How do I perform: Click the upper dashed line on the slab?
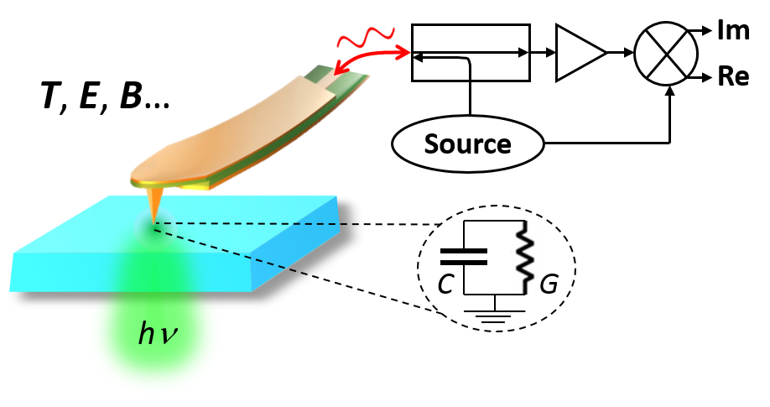[x=252, y=224]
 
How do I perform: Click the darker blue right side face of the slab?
[x=302, y=252]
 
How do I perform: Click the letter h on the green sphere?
[x=147, y=334]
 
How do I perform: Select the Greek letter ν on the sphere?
[x=169, y=337]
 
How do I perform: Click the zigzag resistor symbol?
[x=525, y=258]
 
